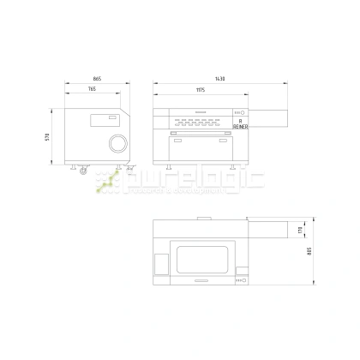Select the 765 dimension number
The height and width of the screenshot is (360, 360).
(92, 90)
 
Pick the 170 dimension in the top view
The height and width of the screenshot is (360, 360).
(300, 229)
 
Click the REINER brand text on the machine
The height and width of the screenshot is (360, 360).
(239, 126)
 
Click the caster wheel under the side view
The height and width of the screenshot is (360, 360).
(83, 171)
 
